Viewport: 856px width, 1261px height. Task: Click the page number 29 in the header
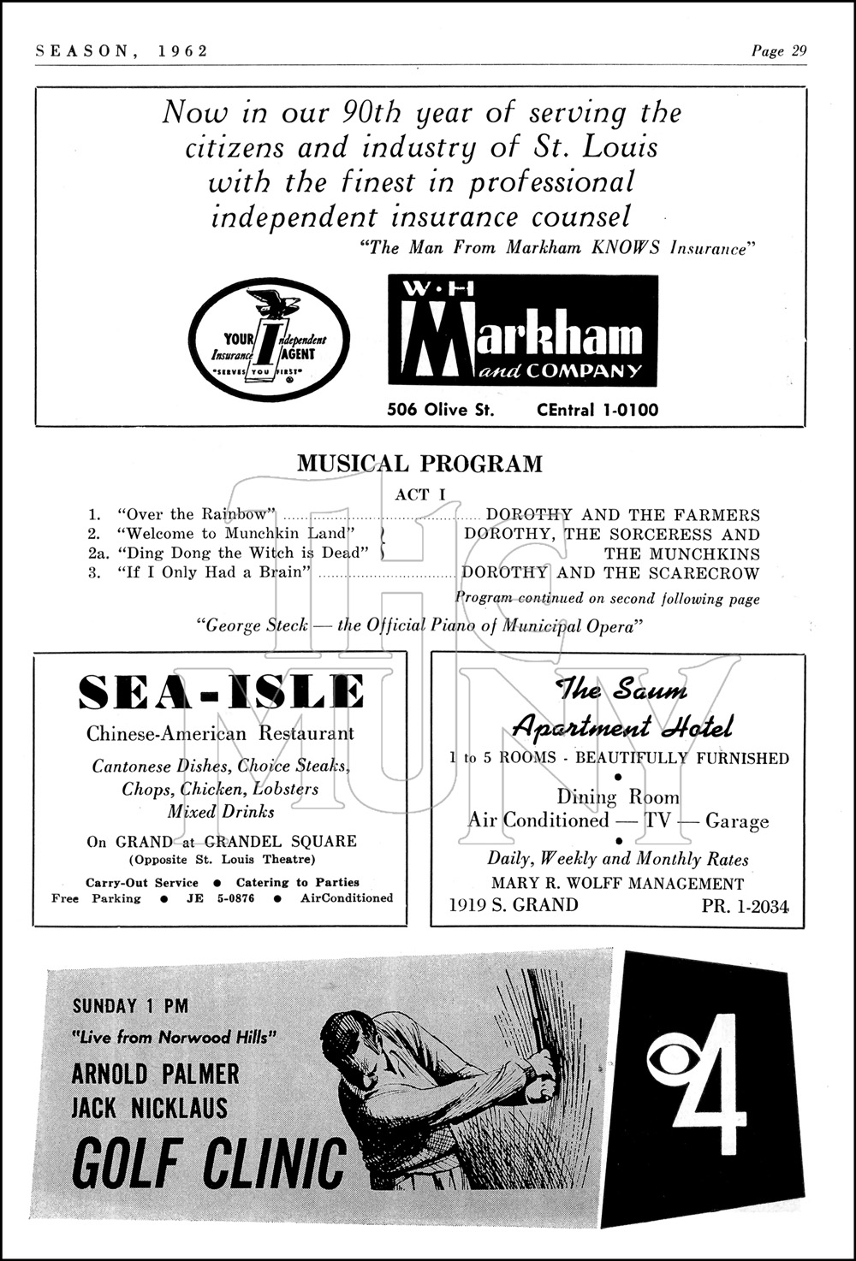[x=799, y=50]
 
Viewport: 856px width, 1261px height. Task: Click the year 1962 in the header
[x=183, y=50]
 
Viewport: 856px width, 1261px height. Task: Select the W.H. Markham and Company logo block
[x=523, y=330]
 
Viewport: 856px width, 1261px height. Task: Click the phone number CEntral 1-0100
[x=597, y=410]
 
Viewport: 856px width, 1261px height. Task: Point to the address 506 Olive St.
[x=440, y=410]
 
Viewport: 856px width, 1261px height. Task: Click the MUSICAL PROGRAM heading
[x=419, y=464]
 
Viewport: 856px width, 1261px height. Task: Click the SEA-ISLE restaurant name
[x=221, y=692]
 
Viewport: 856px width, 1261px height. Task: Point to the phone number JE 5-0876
[x=220, y=898]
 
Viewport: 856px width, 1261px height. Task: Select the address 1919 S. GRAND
[x=514, y=905]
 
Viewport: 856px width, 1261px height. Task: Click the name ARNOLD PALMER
[x=155, y=1073]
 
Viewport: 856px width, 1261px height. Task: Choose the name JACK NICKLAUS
[x=150, y=1108]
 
